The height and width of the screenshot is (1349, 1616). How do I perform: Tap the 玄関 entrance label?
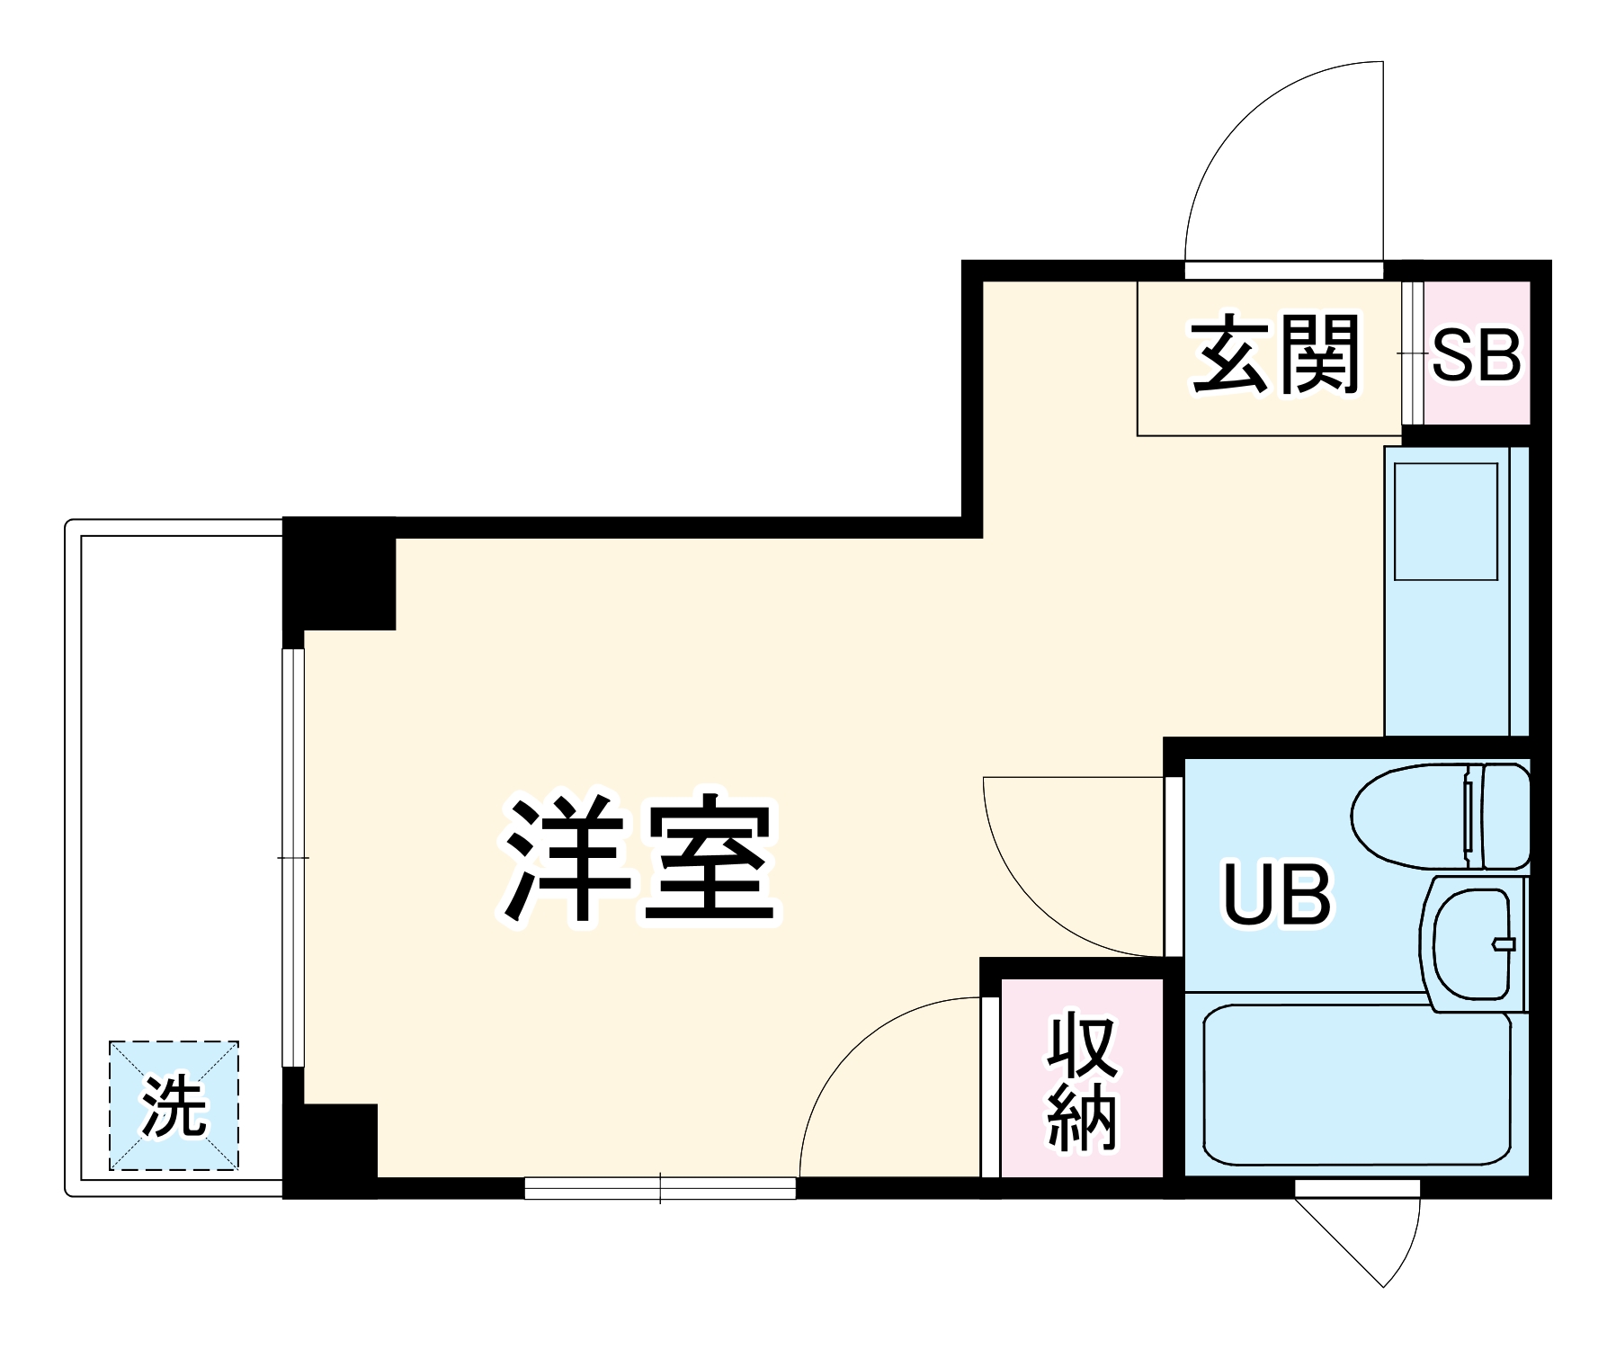[x=1274, y=354]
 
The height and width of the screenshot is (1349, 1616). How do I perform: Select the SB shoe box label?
[x=1476, y=355]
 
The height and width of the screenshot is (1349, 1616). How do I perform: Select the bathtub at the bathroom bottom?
[x=1356, y=1089]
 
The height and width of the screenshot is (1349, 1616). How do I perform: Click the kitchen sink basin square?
[x=1445, y=521]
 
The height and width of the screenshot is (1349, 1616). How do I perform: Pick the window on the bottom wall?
[x=660, y=1188]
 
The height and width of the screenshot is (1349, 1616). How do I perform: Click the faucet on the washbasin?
[x=1503, y=943]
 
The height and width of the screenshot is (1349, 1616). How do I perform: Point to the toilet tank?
[x=1504, y=816]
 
